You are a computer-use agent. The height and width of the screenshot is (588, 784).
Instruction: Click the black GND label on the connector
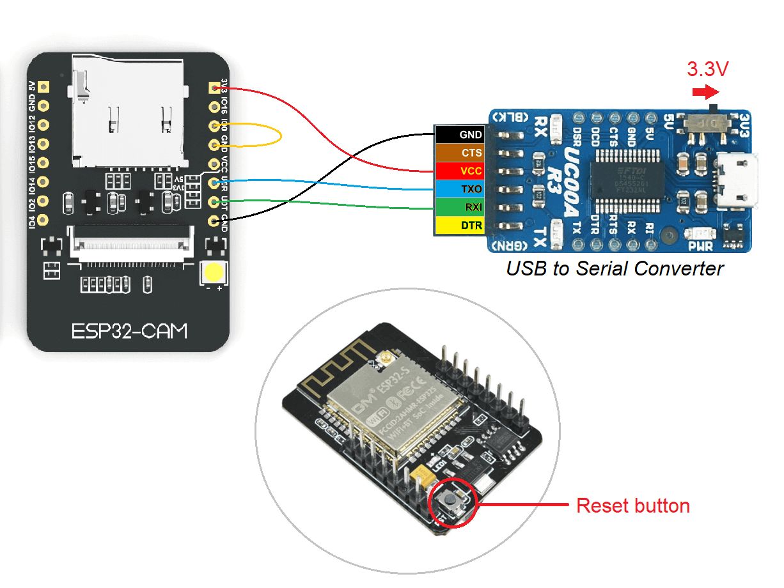click(x=459, y=135)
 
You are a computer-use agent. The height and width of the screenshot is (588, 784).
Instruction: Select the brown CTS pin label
click(x=459, y=153)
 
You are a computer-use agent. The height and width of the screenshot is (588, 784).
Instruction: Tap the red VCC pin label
click(x=459, y=171)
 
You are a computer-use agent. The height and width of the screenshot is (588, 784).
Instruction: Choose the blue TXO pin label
click(x=459, y=189)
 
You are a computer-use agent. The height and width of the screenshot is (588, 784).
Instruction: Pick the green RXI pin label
click(x=459, y=207)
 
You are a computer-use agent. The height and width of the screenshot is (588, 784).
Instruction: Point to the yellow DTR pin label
click(x=459, y=225)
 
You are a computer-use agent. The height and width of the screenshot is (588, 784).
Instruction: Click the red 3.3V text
click(x=708, y=69)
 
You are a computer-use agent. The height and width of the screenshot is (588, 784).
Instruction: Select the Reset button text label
click(x=632, y=506)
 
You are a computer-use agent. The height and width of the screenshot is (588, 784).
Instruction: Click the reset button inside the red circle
click(x=453, y=502)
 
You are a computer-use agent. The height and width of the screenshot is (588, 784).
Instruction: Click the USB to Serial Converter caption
click(x=615, y=268)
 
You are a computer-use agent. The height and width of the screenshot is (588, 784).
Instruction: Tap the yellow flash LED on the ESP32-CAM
click(x=213, y=274)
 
